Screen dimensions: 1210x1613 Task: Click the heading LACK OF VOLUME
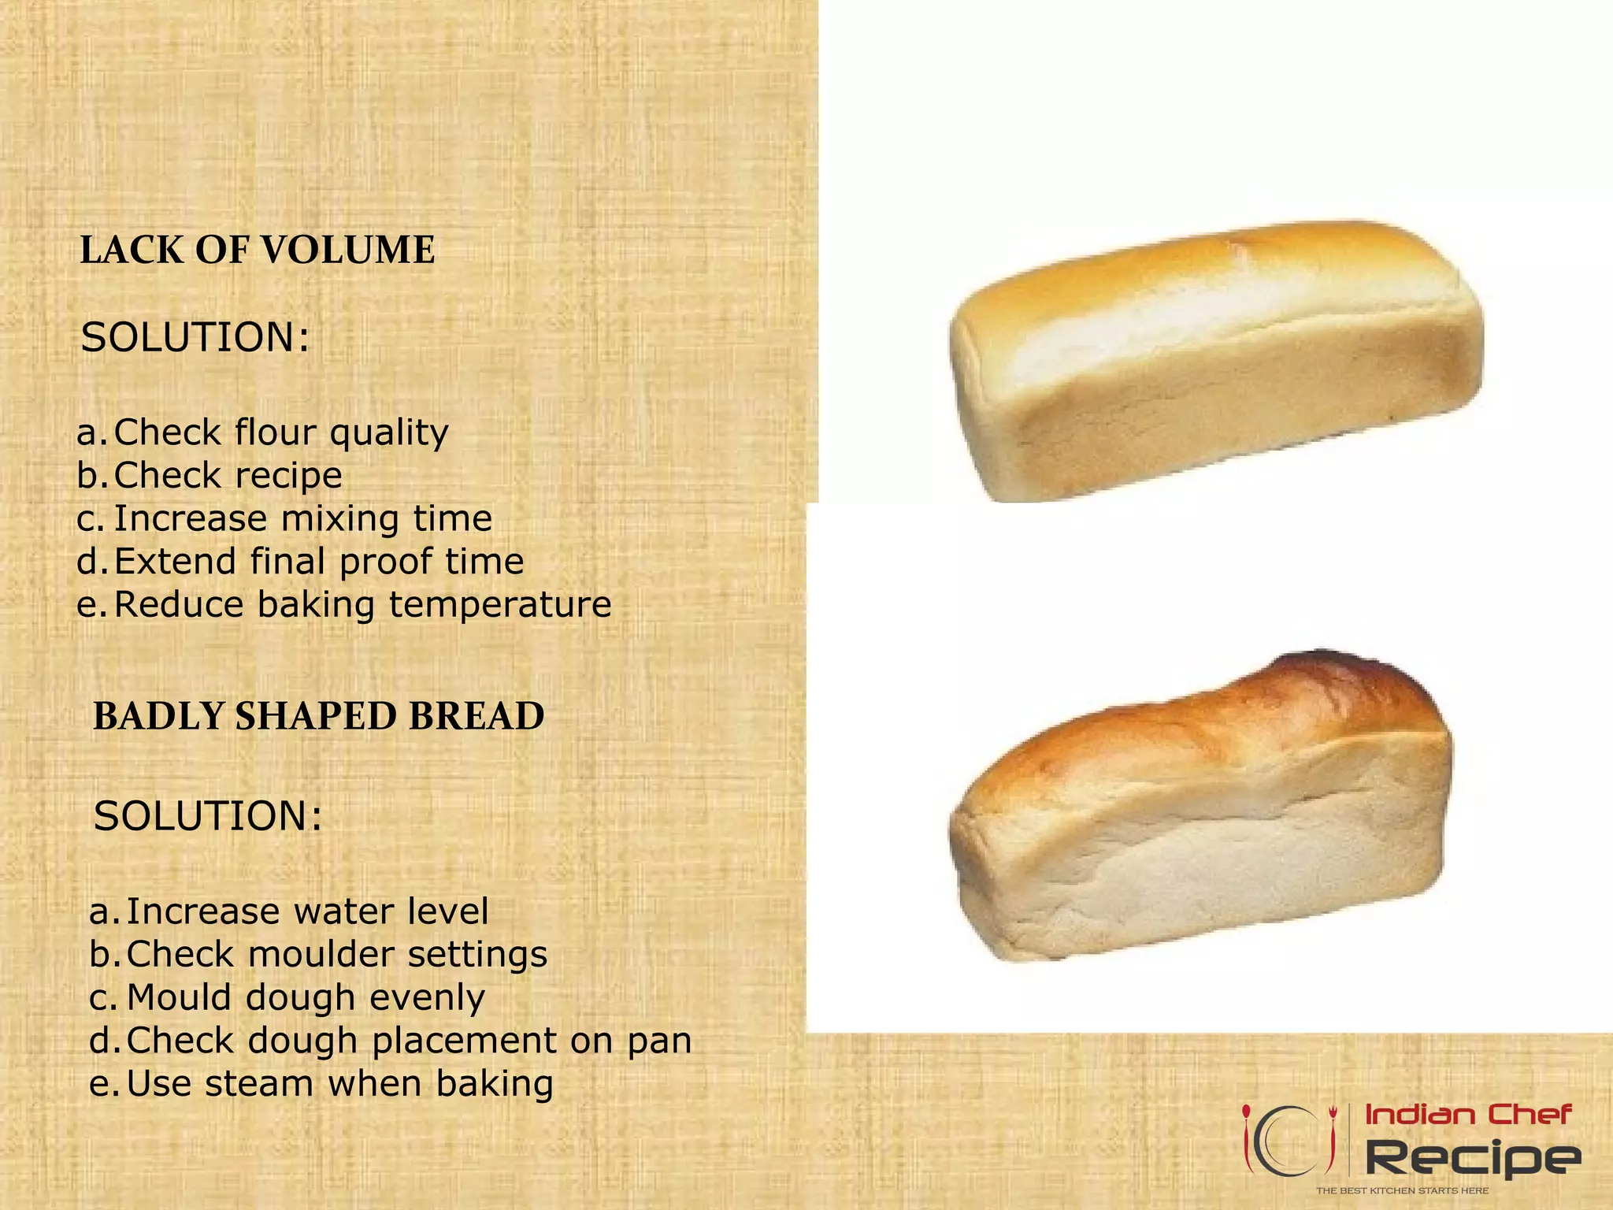point(257,251)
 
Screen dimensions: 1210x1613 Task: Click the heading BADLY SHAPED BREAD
point(318,716)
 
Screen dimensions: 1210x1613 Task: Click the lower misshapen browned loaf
point(1201,811)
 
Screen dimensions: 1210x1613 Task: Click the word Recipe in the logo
point(1472,1157)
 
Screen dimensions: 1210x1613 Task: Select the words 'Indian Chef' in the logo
point(1468,1115)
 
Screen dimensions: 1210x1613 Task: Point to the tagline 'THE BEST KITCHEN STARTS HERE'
point(1402,1190)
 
